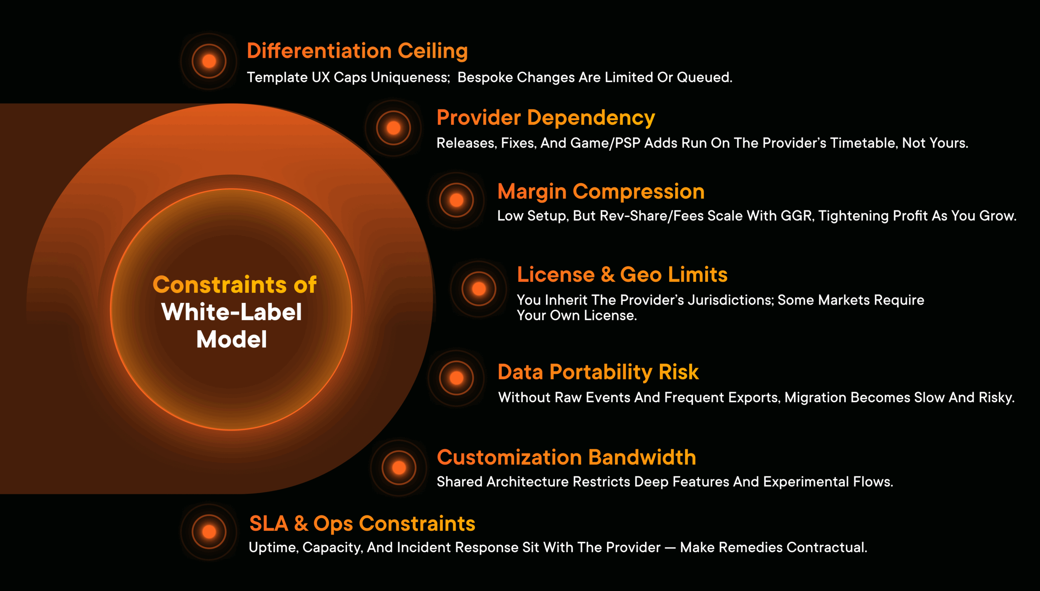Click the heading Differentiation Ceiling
(357, 51)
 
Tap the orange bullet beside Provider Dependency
(393, 128)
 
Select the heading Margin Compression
(600, 191)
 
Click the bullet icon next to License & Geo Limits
(479, 289)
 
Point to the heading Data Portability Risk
(598, 372)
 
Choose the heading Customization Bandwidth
(566, 457)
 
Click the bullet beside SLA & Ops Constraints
(209, 531)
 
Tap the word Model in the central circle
(232, 339)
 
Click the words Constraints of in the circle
(234, 284)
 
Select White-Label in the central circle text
(232, 312)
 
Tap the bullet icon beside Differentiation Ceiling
(209, 61)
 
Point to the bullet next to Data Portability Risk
(456, 378)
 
